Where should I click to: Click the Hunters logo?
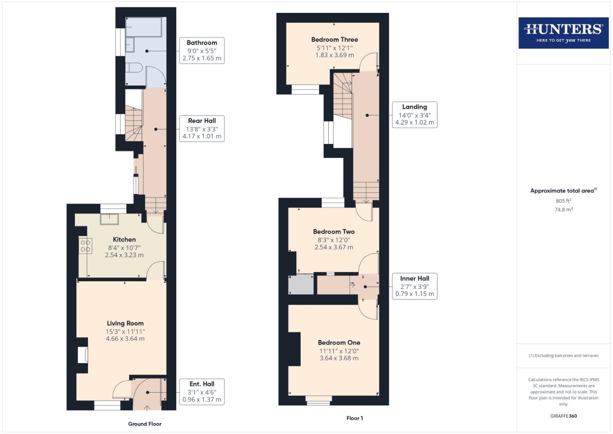coord(563,33)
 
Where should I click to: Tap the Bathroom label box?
coord(202,51)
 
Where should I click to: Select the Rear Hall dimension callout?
coord(202,129)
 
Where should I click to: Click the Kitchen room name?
coord(124,240)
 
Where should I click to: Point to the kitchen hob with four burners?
coord(86,246)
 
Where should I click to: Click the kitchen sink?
coord(109,219)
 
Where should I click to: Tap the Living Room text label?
coord(125,323)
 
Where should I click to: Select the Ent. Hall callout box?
coord(202,392)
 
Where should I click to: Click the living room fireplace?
coord(83,355)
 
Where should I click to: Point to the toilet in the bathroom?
coord(134,68)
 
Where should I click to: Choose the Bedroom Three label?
coord(334,39)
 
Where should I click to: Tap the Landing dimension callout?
coord(414,115)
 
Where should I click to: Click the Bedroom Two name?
coord(334,231)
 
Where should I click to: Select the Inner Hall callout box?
coord(414,286)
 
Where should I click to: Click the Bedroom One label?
coord(339,343)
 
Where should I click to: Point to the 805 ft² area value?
coord(563,201)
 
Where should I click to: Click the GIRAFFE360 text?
coord(563,416)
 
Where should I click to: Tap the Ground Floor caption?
coord(145,424)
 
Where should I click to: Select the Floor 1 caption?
coord(354,418)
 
